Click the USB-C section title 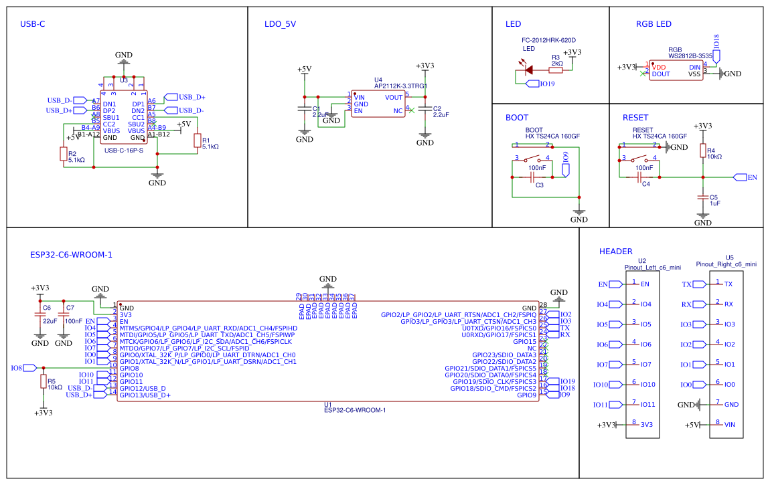tap(33, 24)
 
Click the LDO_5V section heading tap(280, 24)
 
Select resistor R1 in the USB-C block tap(197, 140)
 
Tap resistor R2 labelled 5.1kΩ tap(64, 155)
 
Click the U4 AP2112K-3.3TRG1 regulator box tap(378, 104)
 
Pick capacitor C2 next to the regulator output tap(425, 112)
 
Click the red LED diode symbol tap(528, 69)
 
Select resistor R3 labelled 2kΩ tap(555, 69)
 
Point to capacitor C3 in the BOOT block tap(533, 177)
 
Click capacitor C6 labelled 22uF tap(40, 314)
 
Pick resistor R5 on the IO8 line tap(44, 381)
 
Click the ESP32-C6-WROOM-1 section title tap(71, 255)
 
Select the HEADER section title tap(615, 252)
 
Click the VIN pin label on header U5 tap(730, 424)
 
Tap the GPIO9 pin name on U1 tap(526, 395)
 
